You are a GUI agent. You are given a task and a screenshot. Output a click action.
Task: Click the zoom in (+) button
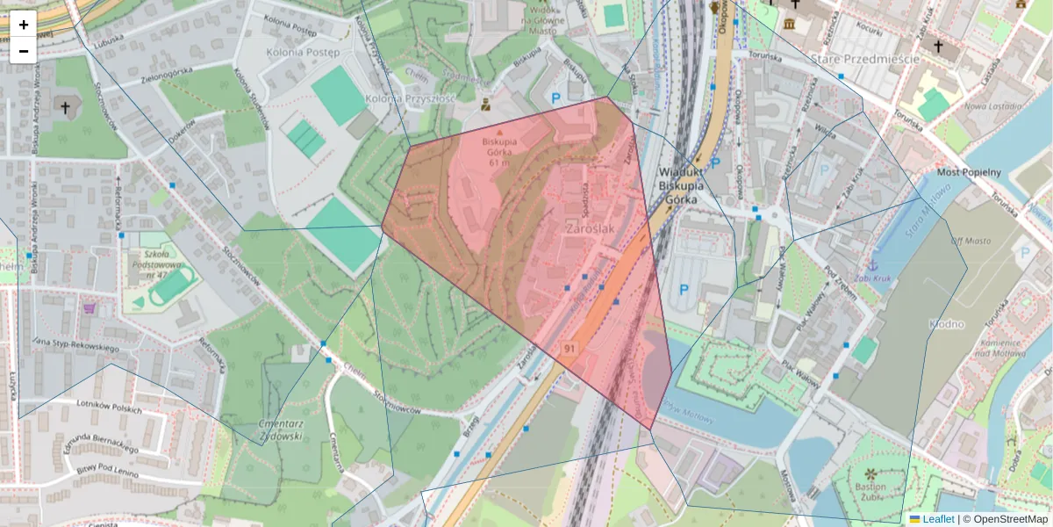24,25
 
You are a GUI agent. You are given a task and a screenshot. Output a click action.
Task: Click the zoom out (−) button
24,51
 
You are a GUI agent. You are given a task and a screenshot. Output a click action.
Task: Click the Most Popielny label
969,172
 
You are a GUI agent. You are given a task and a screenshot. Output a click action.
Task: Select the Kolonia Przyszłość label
411,98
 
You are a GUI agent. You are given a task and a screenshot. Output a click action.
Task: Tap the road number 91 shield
570,349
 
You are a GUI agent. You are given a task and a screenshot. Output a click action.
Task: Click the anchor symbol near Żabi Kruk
872,264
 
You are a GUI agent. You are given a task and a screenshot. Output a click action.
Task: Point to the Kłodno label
946,324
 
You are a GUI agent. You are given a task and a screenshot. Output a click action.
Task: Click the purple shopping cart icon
89,308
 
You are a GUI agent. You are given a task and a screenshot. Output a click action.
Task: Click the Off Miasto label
970,241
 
